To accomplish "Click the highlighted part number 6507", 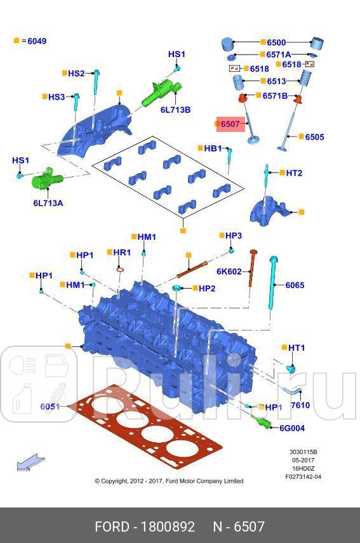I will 230,124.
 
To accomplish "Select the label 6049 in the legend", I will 36,41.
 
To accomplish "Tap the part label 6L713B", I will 175,110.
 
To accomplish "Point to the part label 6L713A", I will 48,203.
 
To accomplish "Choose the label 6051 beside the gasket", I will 50,407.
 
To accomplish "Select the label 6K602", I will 229,271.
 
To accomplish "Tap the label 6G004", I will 291,428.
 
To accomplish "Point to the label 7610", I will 300,405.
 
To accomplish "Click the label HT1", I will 297,348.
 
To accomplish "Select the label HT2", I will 294,173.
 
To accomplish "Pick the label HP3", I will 234,235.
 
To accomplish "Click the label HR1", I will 121,252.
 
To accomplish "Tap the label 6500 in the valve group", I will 276,43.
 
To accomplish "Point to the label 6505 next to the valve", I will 314,137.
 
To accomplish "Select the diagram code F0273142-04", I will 303,476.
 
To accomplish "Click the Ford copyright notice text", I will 169,481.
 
